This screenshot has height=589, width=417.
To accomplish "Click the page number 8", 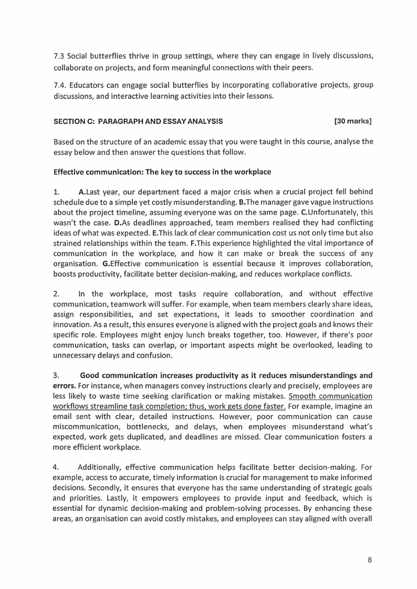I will tap(370, 560).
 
